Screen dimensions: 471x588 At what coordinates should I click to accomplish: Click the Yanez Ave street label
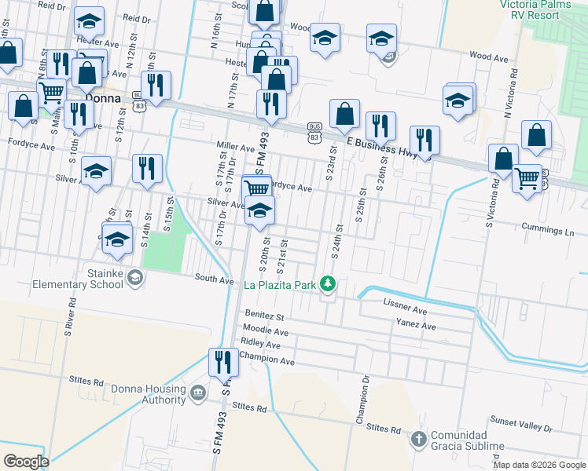pos(416,325)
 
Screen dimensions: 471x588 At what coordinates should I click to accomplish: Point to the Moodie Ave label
pos(265,332)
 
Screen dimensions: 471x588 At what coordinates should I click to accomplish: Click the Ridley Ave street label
pos(261,345)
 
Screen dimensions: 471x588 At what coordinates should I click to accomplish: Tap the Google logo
pos(27,461)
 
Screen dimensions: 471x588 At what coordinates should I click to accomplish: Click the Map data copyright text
pos(539,465)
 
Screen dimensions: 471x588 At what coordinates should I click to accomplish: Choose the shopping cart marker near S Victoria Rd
pos(526,177)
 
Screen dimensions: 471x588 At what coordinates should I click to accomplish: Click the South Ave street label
pos(214,279)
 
